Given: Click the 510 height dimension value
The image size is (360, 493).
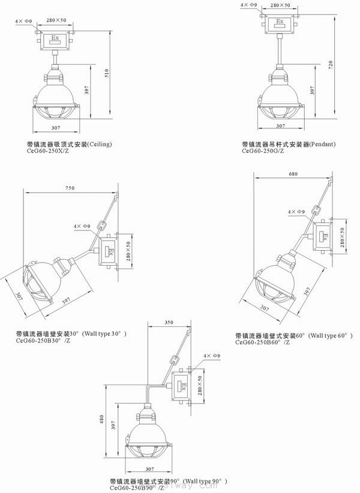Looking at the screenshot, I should (x=107, y=74).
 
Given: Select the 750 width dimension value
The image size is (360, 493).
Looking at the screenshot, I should (x=70, y=188).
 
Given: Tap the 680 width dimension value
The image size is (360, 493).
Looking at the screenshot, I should (x=293, y=174).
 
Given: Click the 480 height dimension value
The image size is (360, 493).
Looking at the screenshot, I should (x=102, y=418).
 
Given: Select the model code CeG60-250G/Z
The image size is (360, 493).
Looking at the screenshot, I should (x=264, y=152).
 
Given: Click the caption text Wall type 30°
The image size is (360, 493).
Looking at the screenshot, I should (x=104, y=333).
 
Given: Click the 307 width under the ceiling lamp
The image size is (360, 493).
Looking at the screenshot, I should (x=55, y=128).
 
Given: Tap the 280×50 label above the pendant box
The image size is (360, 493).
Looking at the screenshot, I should (x=281, y=5).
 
